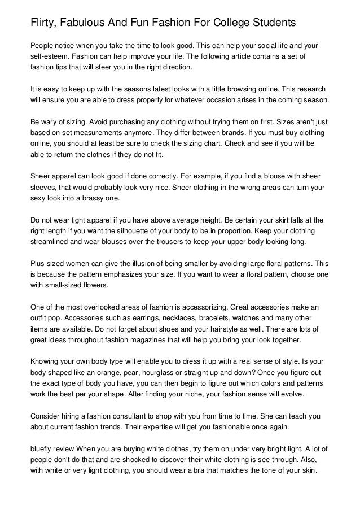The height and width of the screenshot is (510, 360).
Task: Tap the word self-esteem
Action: click(50, 57)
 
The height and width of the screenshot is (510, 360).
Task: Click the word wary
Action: click(52, 121)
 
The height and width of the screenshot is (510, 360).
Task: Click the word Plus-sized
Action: click(50, 264)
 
